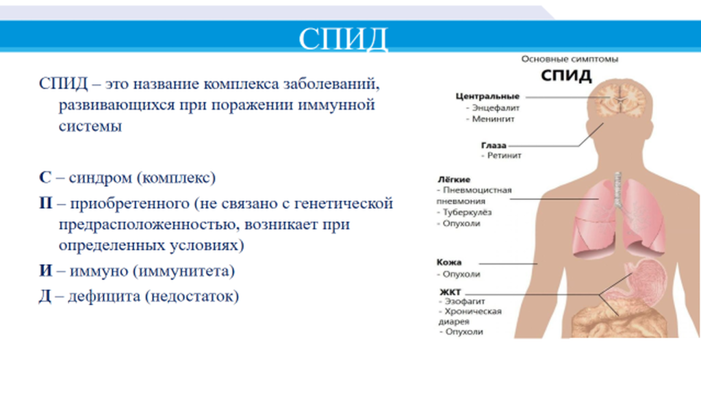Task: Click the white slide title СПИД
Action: pyautogui.click(x=343, y=39)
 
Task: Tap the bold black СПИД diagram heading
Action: pyautogui.click(x=566, y=75)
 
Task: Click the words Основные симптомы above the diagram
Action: pyautogui.click(x=570, y=59)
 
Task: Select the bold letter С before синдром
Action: pyautogui.click(x=45, y=177)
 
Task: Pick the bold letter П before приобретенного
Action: pyautogui.click(x=46, y=203)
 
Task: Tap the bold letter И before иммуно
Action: pyautogui.click(x=46, y=270)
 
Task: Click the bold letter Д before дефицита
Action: pyautogui.click(x=45, y=296)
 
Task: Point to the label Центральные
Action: pyautogui.click(x=487, y=96)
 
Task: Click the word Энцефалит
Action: pyautogui.click(x=496, y=107)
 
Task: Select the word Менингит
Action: pyautogui.click(x=493, y=119)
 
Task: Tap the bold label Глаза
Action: pyautogui.click(x=494, y=145)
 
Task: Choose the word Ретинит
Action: pyautogui.click(x=505, y=155)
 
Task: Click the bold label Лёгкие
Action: pyautogui.click(x=454, y=179)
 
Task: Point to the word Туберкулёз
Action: pyautogui.click(x=467, y=212)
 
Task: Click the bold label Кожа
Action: pyautogui.click(x=449, y=262)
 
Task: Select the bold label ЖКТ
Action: pyautogui.click(x=450, y=292)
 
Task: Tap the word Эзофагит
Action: pyautogui.click(x=465, y=301)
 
